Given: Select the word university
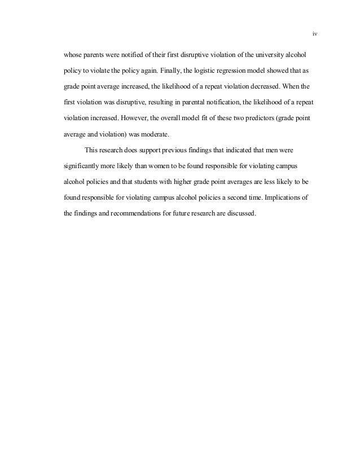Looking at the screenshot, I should [270, 56].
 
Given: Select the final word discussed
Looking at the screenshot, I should [242, 214].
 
